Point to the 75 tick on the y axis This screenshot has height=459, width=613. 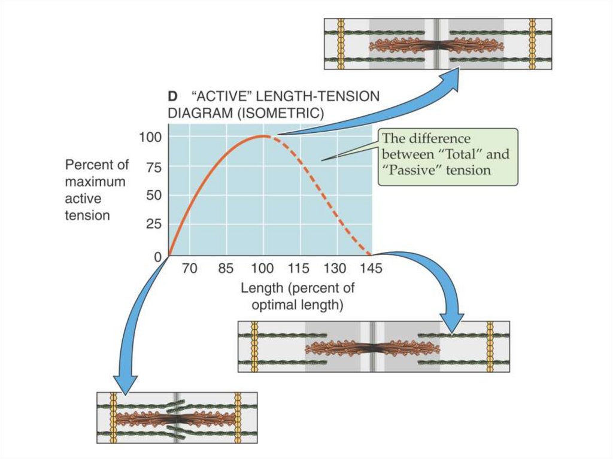pos(154,168)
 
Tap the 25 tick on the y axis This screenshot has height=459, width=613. pos(154,225)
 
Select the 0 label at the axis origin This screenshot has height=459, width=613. pos(158,257)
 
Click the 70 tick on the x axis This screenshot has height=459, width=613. pos(190,269)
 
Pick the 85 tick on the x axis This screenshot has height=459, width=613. pos(226,269)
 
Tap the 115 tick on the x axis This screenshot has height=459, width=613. pos(299,269)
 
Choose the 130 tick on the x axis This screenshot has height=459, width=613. pos(335,269)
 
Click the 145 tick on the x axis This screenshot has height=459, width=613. pos(371,269)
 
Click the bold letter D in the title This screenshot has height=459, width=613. pos(171,96)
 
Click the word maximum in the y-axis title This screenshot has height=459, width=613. pos(95,181)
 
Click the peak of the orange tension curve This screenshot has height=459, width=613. pos(262,136)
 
